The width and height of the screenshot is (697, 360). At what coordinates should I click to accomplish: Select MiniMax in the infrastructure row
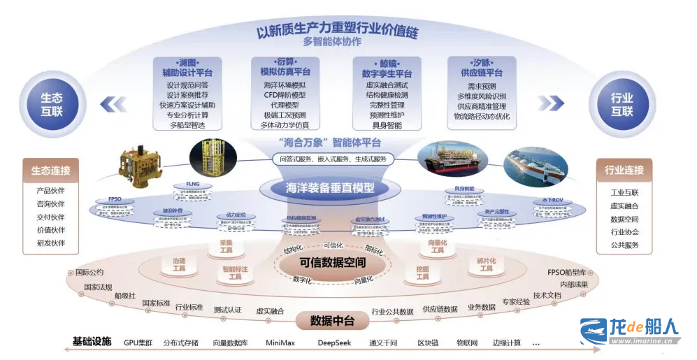pos(282,343)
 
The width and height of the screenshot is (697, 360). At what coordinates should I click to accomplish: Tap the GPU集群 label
pos(138,343)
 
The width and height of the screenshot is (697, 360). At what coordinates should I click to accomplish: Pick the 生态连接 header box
pos(50,171)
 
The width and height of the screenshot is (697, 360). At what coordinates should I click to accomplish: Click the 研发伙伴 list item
pos(50,243)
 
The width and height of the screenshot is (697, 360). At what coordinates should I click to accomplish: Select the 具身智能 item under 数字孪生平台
pos(386,125)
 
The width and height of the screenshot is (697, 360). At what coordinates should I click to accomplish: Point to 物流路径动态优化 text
pos(482,116)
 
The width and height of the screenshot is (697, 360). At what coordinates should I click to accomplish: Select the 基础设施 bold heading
pos(92,342)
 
